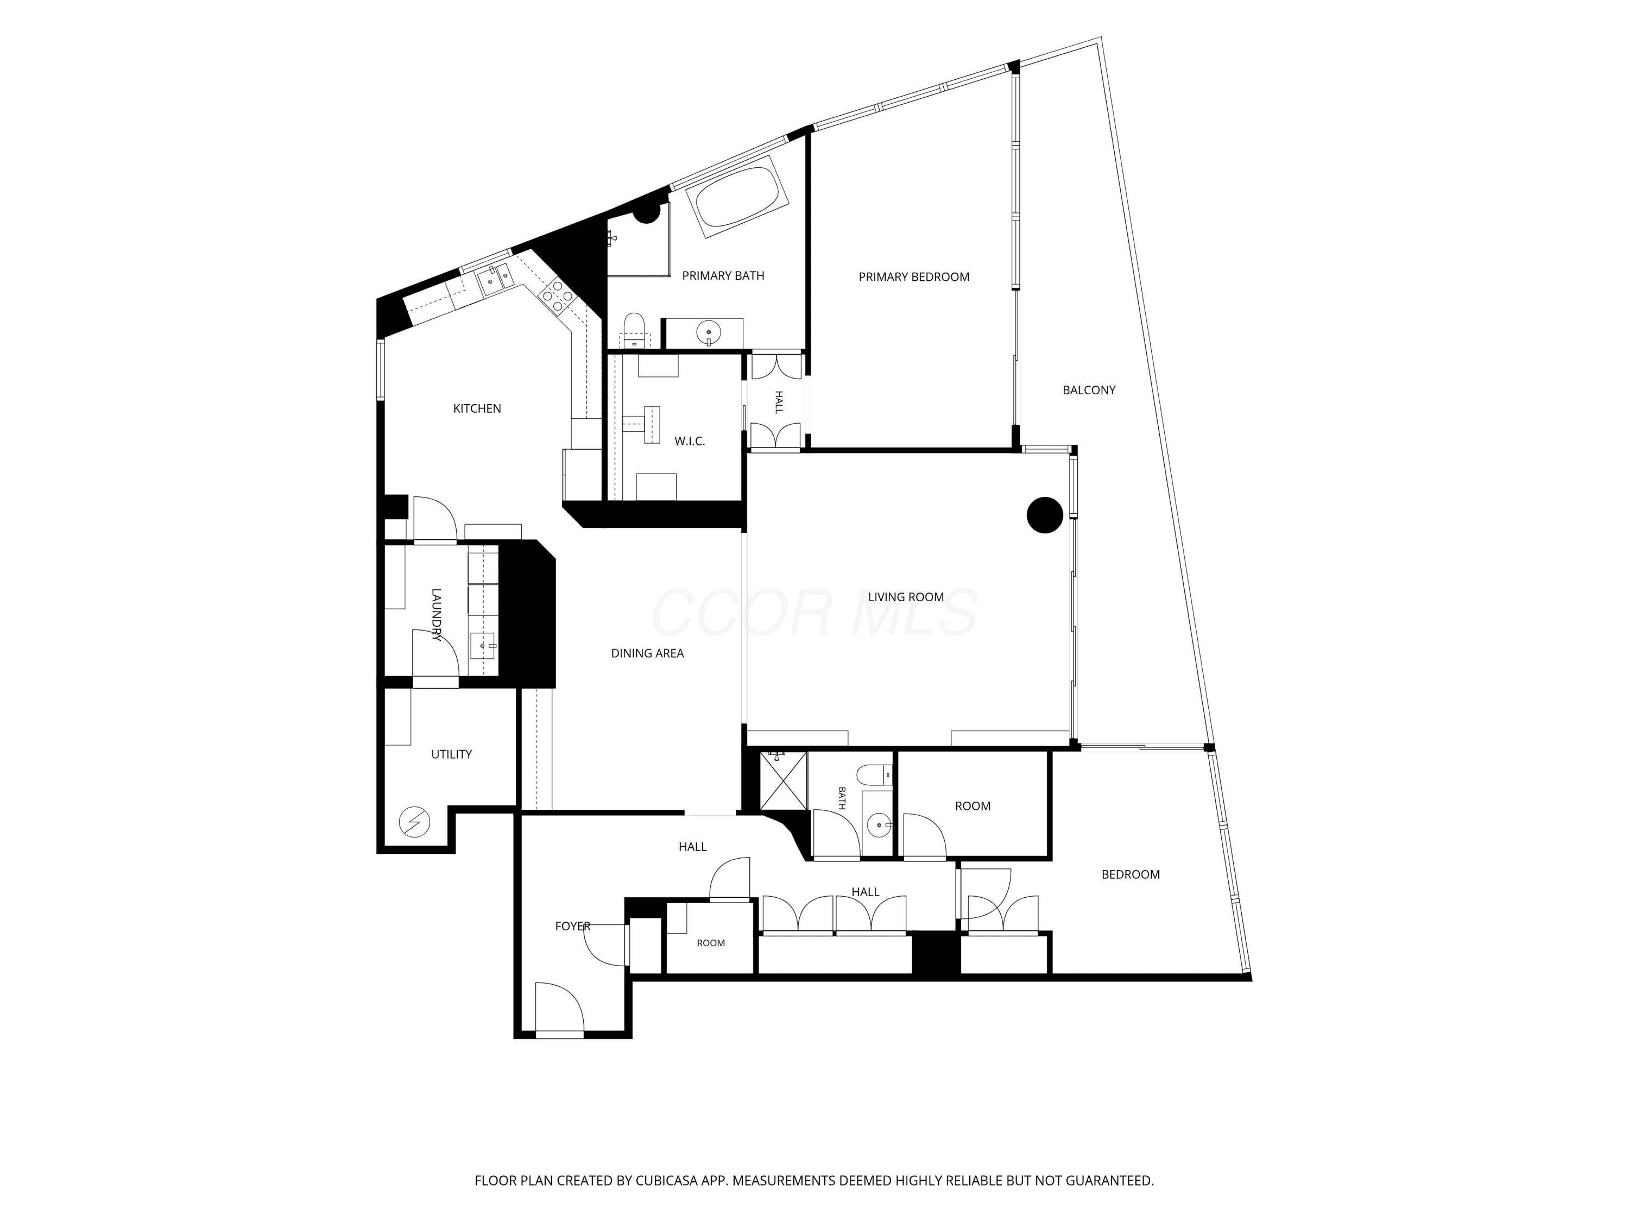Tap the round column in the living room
coord(1045,515)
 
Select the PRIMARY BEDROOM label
coord(914,277)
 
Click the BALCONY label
coord(1089,390)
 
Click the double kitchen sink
coord(496,278)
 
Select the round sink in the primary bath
coord(709,333)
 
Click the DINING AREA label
coord(647,653)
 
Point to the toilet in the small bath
coord(874,775)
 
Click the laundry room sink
coord(484,646)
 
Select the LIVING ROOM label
coord(906,597)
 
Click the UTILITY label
coord(451,754)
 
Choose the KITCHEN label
coord(477,409)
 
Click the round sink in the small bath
coord(878,826)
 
